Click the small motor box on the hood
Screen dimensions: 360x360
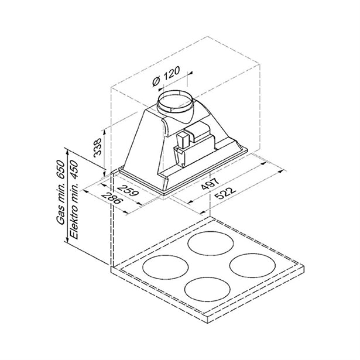(186, 140)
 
